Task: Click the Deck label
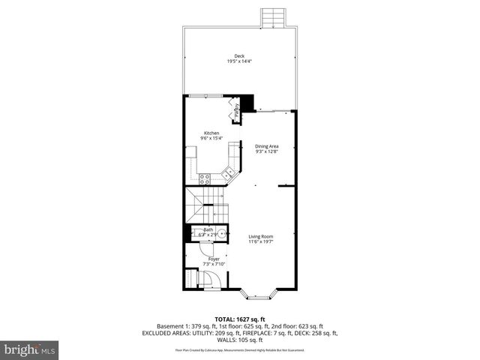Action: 239,56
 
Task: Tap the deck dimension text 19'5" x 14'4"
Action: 239,61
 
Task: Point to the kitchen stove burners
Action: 204,178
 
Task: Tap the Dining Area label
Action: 267,146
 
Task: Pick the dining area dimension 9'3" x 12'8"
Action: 267,151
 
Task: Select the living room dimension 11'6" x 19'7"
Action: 261,242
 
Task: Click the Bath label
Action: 208,229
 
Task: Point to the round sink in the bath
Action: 223,232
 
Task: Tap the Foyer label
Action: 214,258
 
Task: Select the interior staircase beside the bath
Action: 205,206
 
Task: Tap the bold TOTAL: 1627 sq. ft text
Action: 240,319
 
